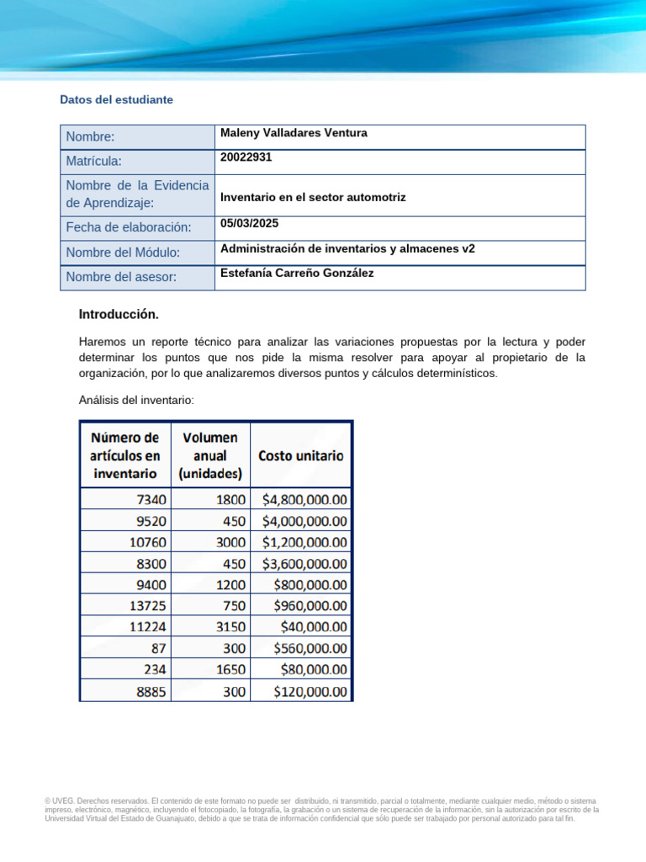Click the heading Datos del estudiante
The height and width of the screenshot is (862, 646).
click(x=116, y=99)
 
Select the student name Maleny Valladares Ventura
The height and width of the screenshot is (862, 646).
click(x=294, y=133)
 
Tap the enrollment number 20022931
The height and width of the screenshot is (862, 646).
click(x=246, y=157)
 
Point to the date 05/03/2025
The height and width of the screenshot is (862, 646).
click(x=249, y=224)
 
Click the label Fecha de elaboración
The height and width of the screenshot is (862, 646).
click(x=129, y=227)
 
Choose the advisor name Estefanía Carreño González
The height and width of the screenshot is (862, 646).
click(x=297, y=273)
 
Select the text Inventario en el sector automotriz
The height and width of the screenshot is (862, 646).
click(x=313, y=197)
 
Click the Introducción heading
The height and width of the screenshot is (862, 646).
click(x=119, y=314)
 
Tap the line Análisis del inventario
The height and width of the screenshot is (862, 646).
click(x=136, y=401)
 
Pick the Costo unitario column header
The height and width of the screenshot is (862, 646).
click(x=300, y=455)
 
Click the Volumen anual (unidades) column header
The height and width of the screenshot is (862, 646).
click(x=209, y=455)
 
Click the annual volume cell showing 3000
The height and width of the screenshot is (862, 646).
click(x=230, y=541)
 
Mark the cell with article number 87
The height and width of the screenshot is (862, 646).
click(x=157, y=648)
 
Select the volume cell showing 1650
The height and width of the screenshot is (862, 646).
click(x=230, y=669)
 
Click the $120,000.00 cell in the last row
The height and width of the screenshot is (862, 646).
click(x=310, y=691)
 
